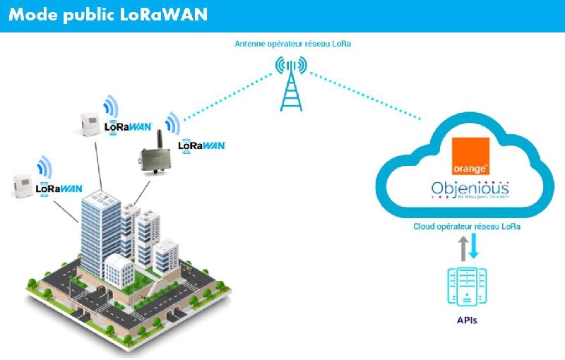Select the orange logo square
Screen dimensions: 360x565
(470, 157)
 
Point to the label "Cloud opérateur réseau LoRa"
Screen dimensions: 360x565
(468, 227)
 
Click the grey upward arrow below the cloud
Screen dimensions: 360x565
(463, 249)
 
